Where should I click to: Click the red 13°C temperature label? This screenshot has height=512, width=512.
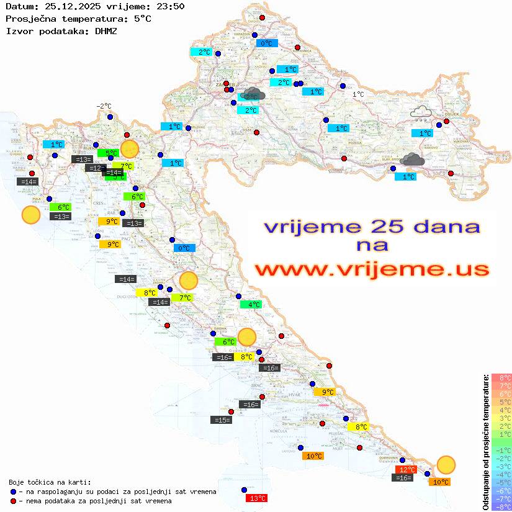click(x=257, y=498)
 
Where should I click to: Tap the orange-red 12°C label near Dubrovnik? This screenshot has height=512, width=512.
click(x=406, y=470)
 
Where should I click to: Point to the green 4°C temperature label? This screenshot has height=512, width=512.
click(x=251, y=305)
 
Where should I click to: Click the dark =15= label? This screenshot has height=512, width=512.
click(x=221, y=420)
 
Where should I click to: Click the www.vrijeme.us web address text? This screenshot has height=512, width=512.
click(x=371, y=269)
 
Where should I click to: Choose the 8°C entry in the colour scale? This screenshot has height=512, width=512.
click(x=501, y=377)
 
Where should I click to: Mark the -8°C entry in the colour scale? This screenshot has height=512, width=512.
click(x=501, y=506)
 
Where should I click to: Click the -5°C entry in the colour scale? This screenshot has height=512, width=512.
click(x=501, y=482)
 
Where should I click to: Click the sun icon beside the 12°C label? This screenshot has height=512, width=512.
click(x=446, y=464)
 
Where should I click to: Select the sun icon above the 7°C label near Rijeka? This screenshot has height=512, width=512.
click(x=129, y=149)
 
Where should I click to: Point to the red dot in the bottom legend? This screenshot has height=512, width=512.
click(x=13, y=500)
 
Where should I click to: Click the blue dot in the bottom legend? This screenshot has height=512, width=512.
click(x=13, y=492)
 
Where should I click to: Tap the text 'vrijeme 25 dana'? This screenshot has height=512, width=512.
click(x=371, y=227)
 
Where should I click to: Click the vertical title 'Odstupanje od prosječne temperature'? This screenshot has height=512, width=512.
click(x=486, y=442)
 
